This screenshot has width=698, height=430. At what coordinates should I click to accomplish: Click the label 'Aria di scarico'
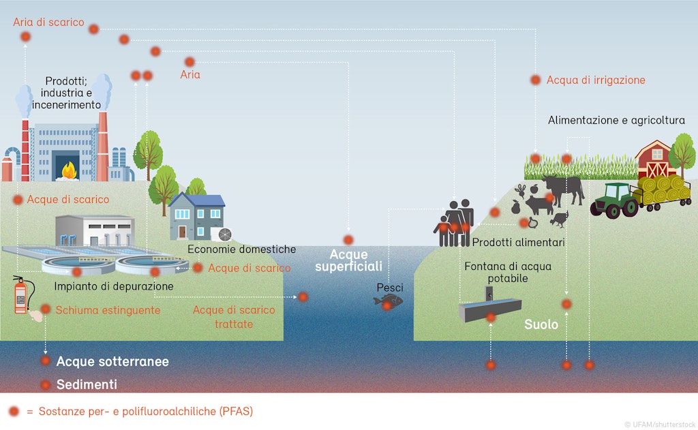(48, 22)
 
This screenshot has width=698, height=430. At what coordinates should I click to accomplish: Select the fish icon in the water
(390, 301)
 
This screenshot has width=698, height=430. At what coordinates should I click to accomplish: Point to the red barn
(655, 160)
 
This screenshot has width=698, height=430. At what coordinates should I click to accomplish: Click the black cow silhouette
(564, 189)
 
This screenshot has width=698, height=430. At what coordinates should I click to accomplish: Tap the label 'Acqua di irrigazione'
(595, 80)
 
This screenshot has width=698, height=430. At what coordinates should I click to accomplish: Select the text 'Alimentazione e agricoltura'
(616, 121)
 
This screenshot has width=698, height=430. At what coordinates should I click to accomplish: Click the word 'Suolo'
(541, 324)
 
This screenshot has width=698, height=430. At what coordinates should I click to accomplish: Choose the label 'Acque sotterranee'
(112, 361)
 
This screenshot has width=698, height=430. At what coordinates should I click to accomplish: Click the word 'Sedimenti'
(87, 384)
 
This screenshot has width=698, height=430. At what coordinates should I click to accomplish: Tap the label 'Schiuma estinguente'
(108, 310)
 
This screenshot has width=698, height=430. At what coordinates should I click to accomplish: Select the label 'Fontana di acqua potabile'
(498, 272)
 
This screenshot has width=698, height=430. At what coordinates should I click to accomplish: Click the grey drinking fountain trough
(489, 311)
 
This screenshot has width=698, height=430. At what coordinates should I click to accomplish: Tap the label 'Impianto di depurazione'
(114, 286)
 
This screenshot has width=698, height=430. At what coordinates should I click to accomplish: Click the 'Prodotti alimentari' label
(518, 243)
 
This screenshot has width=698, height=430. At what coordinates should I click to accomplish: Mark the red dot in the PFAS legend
(14, 412)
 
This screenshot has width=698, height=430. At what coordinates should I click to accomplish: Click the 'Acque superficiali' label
(348, 260)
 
